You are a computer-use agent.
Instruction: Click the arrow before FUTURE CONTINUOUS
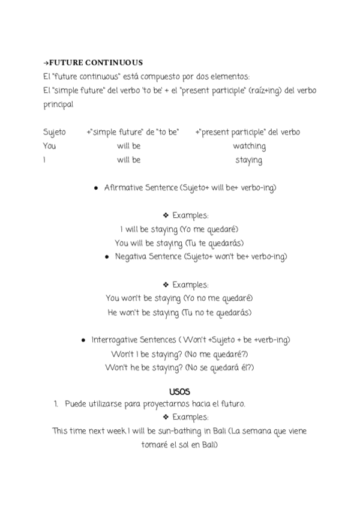pos(46,62)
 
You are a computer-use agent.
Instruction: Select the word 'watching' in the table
pos(249,146)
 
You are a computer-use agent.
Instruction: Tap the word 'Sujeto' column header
pos(55,132)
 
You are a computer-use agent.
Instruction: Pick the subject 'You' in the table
pos(50,146)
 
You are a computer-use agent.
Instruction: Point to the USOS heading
pos(179,391)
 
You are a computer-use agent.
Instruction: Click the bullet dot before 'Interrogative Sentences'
pos(83,340)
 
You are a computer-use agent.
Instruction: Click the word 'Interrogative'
pos(115,340)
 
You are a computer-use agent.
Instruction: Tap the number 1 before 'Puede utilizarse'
pos(55,404)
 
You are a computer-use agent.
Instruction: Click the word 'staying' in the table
pos(248,160)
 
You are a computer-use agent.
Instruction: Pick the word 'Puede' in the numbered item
pos(76,404)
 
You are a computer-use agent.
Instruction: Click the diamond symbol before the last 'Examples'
pos(166,417)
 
